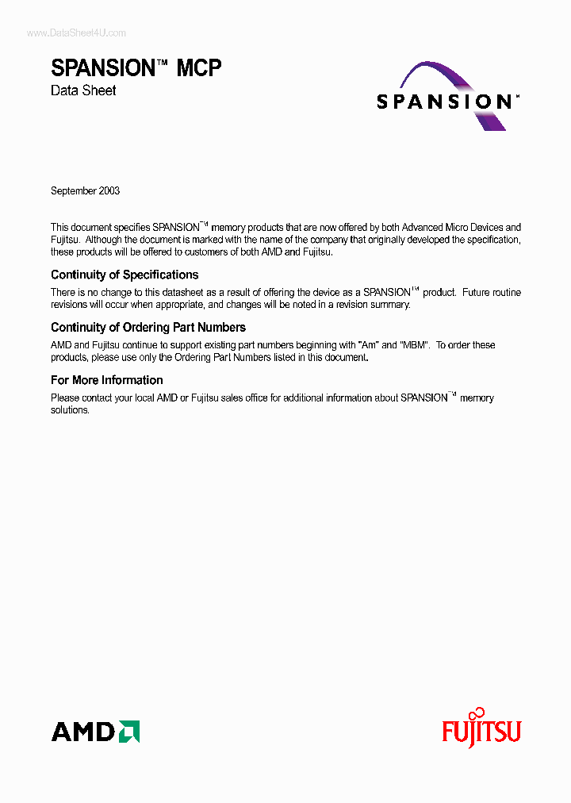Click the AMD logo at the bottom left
point(95,731)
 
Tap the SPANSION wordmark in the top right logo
point(443,102)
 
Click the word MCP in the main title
point(198,68)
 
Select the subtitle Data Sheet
point(83,90)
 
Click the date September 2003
point(85,191)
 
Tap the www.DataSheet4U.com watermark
point(76,33)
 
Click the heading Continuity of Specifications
point(125,275)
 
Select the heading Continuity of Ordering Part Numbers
point(148,327)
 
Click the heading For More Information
point(107,380)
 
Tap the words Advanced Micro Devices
point(452,228)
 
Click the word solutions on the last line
point(70,410)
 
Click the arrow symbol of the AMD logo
point(129,731)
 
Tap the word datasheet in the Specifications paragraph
point(173,293)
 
